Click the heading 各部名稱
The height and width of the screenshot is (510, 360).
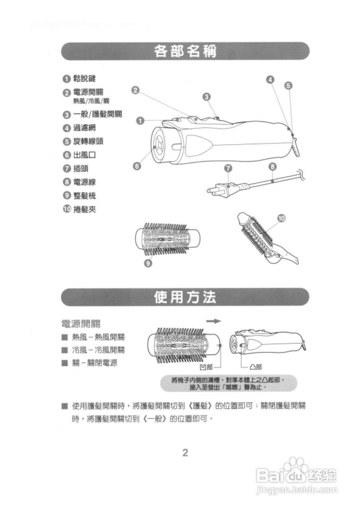[x=185, y=51]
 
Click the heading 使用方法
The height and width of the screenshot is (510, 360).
[x=185, y=297]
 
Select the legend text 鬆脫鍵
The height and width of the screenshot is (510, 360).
[x=84, y=78]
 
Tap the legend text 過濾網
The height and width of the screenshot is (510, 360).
[x=84, y=128]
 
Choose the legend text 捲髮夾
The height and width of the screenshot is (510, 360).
[x=84, y=209]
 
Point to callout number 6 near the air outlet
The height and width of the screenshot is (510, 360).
[x=137, y=167]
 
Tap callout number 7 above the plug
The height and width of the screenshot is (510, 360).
[x=228, y=168]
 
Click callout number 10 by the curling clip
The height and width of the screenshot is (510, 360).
[x=281, y=218]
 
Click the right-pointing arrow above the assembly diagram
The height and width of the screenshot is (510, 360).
[x=213, y=321]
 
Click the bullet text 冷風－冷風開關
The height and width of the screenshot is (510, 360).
[x=98, y=350]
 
